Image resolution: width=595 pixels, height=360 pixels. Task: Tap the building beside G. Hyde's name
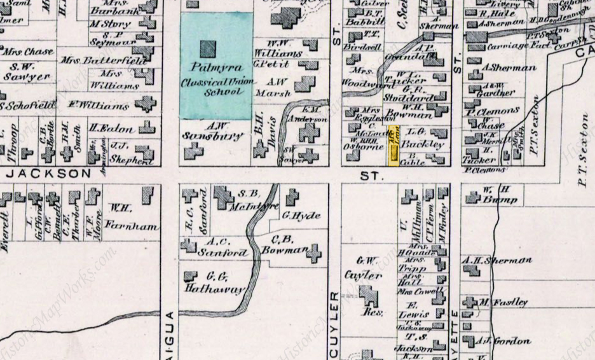tap(292, 197)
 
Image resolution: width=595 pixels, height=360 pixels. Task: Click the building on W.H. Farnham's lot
tap(148, 195)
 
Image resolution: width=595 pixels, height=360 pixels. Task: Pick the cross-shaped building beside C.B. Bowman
tap(313, 254)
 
